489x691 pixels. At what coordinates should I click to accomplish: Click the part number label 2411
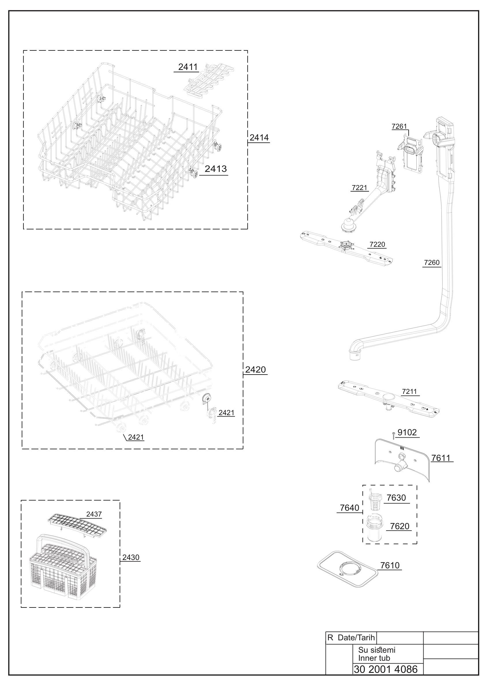(188, 67)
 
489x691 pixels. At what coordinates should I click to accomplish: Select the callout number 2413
(216, 169)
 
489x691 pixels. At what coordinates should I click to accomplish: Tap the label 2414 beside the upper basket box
(259, 138)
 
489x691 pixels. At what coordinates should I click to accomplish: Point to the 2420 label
(255, 370)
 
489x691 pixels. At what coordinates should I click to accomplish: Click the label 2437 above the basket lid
(94, 514)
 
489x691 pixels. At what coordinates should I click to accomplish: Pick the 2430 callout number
(131, 557)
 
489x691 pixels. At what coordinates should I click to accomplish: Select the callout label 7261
(399, 126)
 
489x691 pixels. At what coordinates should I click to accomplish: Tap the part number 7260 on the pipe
(432, 262)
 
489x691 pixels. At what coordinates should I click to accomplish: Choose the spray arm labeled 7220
(347, 248)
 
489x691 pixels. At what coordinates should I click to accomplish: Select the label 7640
(349, 508)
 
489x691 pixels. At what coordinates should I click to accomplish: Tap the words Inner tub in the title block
(374, 658)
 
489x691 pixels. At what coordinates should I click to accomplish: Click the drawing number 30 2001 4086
(386, 669)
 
